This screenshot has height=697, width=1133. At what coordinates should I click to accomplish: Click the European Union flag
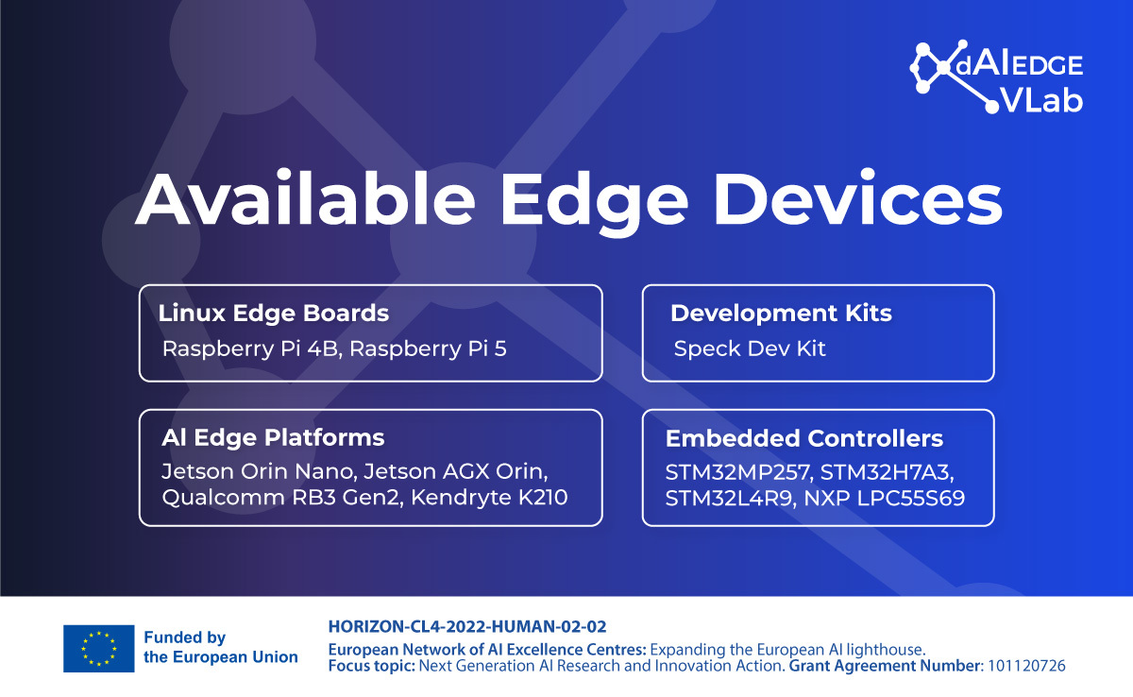98,649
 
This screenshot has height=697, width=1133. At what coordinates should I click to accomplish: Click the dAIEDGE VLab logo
996,76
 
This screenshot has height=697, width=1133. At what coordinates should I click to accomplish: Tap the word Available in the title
305,198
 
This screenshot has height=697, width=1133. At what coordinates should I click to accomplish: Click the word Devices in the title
858,198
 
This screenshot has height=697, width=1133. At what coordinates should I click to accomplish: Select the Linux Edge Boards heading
274,313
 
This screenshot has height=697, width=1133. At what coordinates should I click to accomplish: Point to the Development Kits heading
781,313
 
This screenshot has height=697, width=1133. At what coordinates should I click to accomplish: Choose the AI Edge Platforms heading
273,437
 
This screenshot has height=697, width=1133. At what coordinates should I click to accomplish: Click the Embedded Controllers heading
804,438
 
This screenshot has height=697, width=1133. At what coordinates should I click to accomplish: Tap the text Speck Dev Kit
750,348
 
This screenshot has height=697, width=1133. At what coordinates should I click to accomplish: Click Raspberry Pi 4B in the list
250,349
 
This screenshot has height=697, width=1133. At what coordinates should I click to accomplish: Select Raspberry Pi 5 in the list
428,349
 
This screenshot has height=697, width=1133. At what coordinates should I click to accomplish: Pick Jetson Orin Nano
260,471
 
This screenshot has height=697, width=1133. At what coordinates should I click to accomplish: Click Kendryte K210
489,497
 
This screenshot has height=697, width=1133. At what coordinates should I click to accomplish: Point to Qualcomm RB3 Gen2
282,498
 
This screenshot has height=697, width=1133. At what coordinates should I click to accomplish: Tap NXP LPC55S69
884,499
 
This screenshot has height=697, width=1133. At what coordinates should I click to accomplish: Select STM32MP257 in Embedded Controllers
738,472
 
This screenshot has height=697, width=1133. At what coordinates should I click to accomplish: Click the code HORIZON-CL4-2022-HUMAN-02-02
467,627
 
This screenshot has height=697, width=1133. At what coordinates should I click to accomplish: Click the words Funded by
185,637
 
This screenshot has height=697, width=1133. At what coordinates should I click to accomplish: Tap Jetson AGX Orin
456,471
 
